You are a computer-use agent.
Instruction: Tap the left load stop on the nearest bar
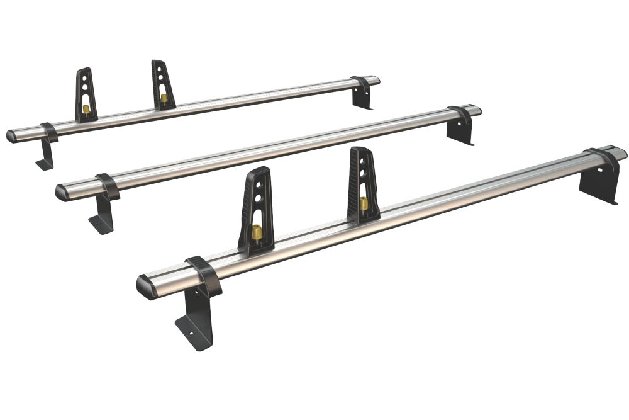click(x=255, y=211)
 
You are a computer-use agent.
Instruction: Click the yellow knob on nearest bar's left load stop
click(x=257, y=232)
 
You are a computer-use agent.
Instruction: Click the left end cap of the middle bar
click(x=62, y=192)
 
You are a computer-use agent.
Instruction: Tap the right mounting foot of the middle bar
click(x=460, y=129)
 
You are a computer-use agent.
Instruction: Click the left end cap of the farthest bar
click(x=12, y=136)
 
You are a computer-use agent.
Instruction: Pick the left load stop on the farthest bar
click(x=86, y=94)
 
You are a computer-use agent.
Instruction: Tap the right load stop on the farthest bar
click(x=163, y=85)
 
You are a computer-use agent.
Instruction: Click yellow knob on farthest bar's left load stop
click(x=86, y=110)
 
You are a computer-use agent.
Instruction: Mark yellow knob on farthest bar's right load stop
click(x=164, y=98)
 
